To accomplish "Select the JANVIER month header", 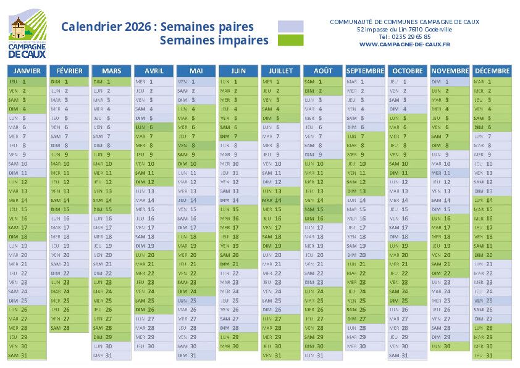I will pyautogui.click(x=27, y=70).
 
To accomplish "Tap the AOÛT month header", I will pyautogui.click(x=322, y=70).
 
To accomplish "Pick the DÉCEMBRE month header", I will pyautogui.click(x=492, y=70).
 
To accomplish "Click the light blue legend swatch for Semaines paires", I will pyautogui.click(x=290, y=27).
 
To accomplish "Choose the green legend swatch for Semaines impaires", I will pyautogui.click(x=290, y=40).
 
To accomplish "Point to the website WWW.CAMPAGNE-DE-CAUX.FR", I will pyautogui.click(x=404, y=44).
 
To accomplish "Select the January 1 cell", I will pyautogui.click(x=27, y=82).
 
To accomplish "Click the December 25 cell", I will pyautogui.click(x=492, y=300).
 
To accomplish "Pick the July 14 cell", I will pyautogui.click(x=280, y=200).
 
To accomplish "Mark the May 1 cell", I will pyautogui.click(x=196, y=82).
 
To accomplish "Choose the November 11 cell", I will pyautogui.click(x=450, y=173).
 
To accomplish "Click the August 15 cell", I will pyautogui.click(x=322, y=209).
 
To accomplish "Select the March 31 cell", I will pyautogui.click(x=111, y=355).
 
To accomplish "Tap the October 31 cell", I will pyautogui.click(x=407, y=355).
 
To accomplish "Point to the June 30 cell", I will pyautogui.click(x=238, y=346).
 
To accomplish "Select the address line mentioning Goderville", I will pyautogui.click(x=404, y=29).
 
